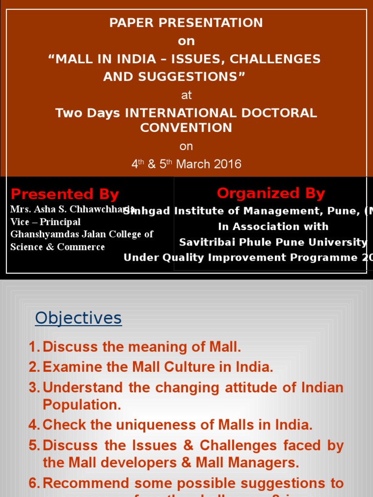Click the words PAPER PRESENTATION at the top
[x=186, y=23]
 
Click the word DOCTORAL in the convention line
[x=280, y=113]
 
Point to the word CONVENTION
[x=186, y=128]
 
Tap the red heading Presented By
[x=65, y=194]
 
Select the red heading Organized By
[x=271, y=193]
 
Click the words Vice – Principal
[x=45, y=222]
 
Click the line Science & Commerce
[x=57, y=247]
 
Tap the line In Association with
[x=273, y=227]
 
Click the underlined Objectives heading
[x=78, y=318]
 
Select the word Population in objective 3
[x=82, y=405]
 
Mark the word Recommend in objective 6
[x=85, y=483]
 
